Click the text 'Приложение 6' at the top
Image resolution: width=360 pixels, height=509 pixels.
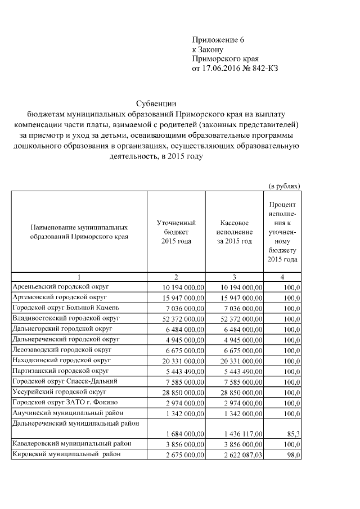tap(219, 40)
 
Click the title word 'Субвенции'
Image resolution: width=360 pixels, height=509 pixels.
tap(157, 103)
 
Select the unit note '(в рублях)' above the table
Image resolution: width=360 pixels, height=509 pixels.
tap(284, 186)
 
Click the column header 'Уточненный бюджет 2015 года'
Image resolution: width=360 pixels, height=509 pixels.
tap(176, 232)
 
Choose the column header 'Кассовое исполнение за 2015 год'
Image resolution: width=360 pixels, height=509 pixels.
tap(234, 232)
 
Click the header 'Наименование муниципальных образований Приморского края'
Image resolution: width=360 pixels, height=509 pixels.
tap(79, 232)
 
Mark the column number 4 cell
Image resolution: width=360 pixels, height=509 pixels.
tap(282, 277)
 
